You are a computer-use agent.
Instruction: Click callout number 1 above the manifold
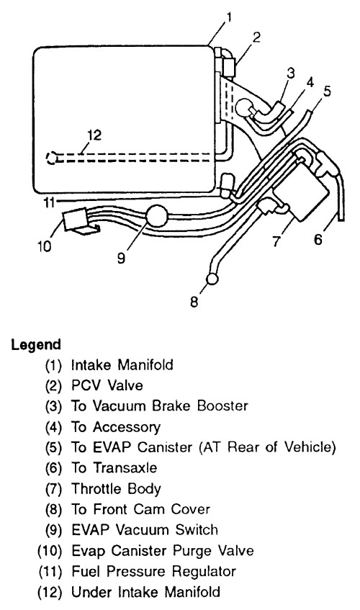229,18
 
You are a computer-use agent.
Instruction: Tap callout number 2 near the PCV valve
256,38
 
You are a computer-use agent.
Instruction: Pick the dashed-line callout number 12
94,135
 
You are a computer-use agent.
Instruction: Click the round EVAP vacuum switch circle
157,216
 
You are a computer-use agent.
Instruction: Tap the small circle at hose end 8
212,279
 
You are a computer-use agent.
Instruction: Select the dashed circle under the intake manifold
51,158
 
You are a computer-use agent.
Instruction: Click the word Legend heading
36,345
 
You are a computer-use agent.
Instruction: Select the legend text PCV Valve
107,385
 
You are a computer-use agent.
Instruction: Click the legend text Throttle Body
116,489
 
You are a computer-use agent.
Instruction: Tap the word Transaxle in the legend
125,468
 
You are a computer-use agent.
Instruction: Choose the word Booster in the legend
222,406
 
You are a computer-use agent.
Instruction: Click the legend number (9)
54,530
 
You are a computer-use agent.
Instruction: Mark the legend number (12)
50,593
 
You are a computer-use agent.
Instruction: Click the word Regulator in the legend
204,572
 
